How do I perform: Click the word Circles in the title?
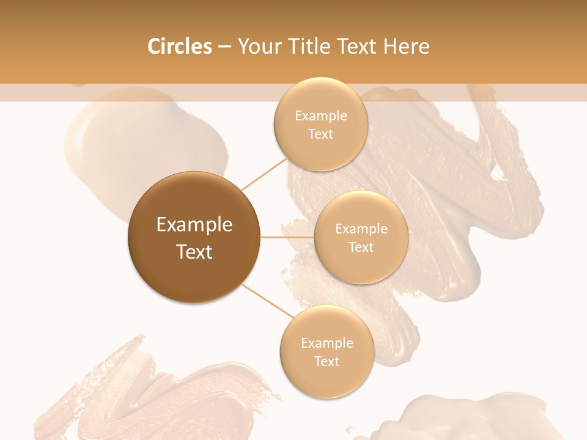point(179,46)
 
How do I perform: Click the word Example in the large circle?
point(194,225)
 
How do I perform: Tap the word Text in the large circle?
point(194,252)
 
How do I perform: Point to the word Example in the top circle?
point(320,116)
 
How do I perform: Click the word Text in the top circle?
point(320,134)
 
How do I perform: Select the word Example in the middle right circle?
point(361,229)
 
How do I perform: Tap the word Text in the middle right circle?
point(361,247)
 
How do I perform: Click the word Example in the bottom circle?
point(327,343)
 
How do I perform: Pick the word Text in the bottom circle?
point(327,361)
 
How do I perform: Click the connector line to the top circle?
point(264,174)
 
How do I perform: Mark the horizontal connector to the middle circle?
point(287,237)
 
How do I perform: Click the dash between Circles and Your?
point(224,47)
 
